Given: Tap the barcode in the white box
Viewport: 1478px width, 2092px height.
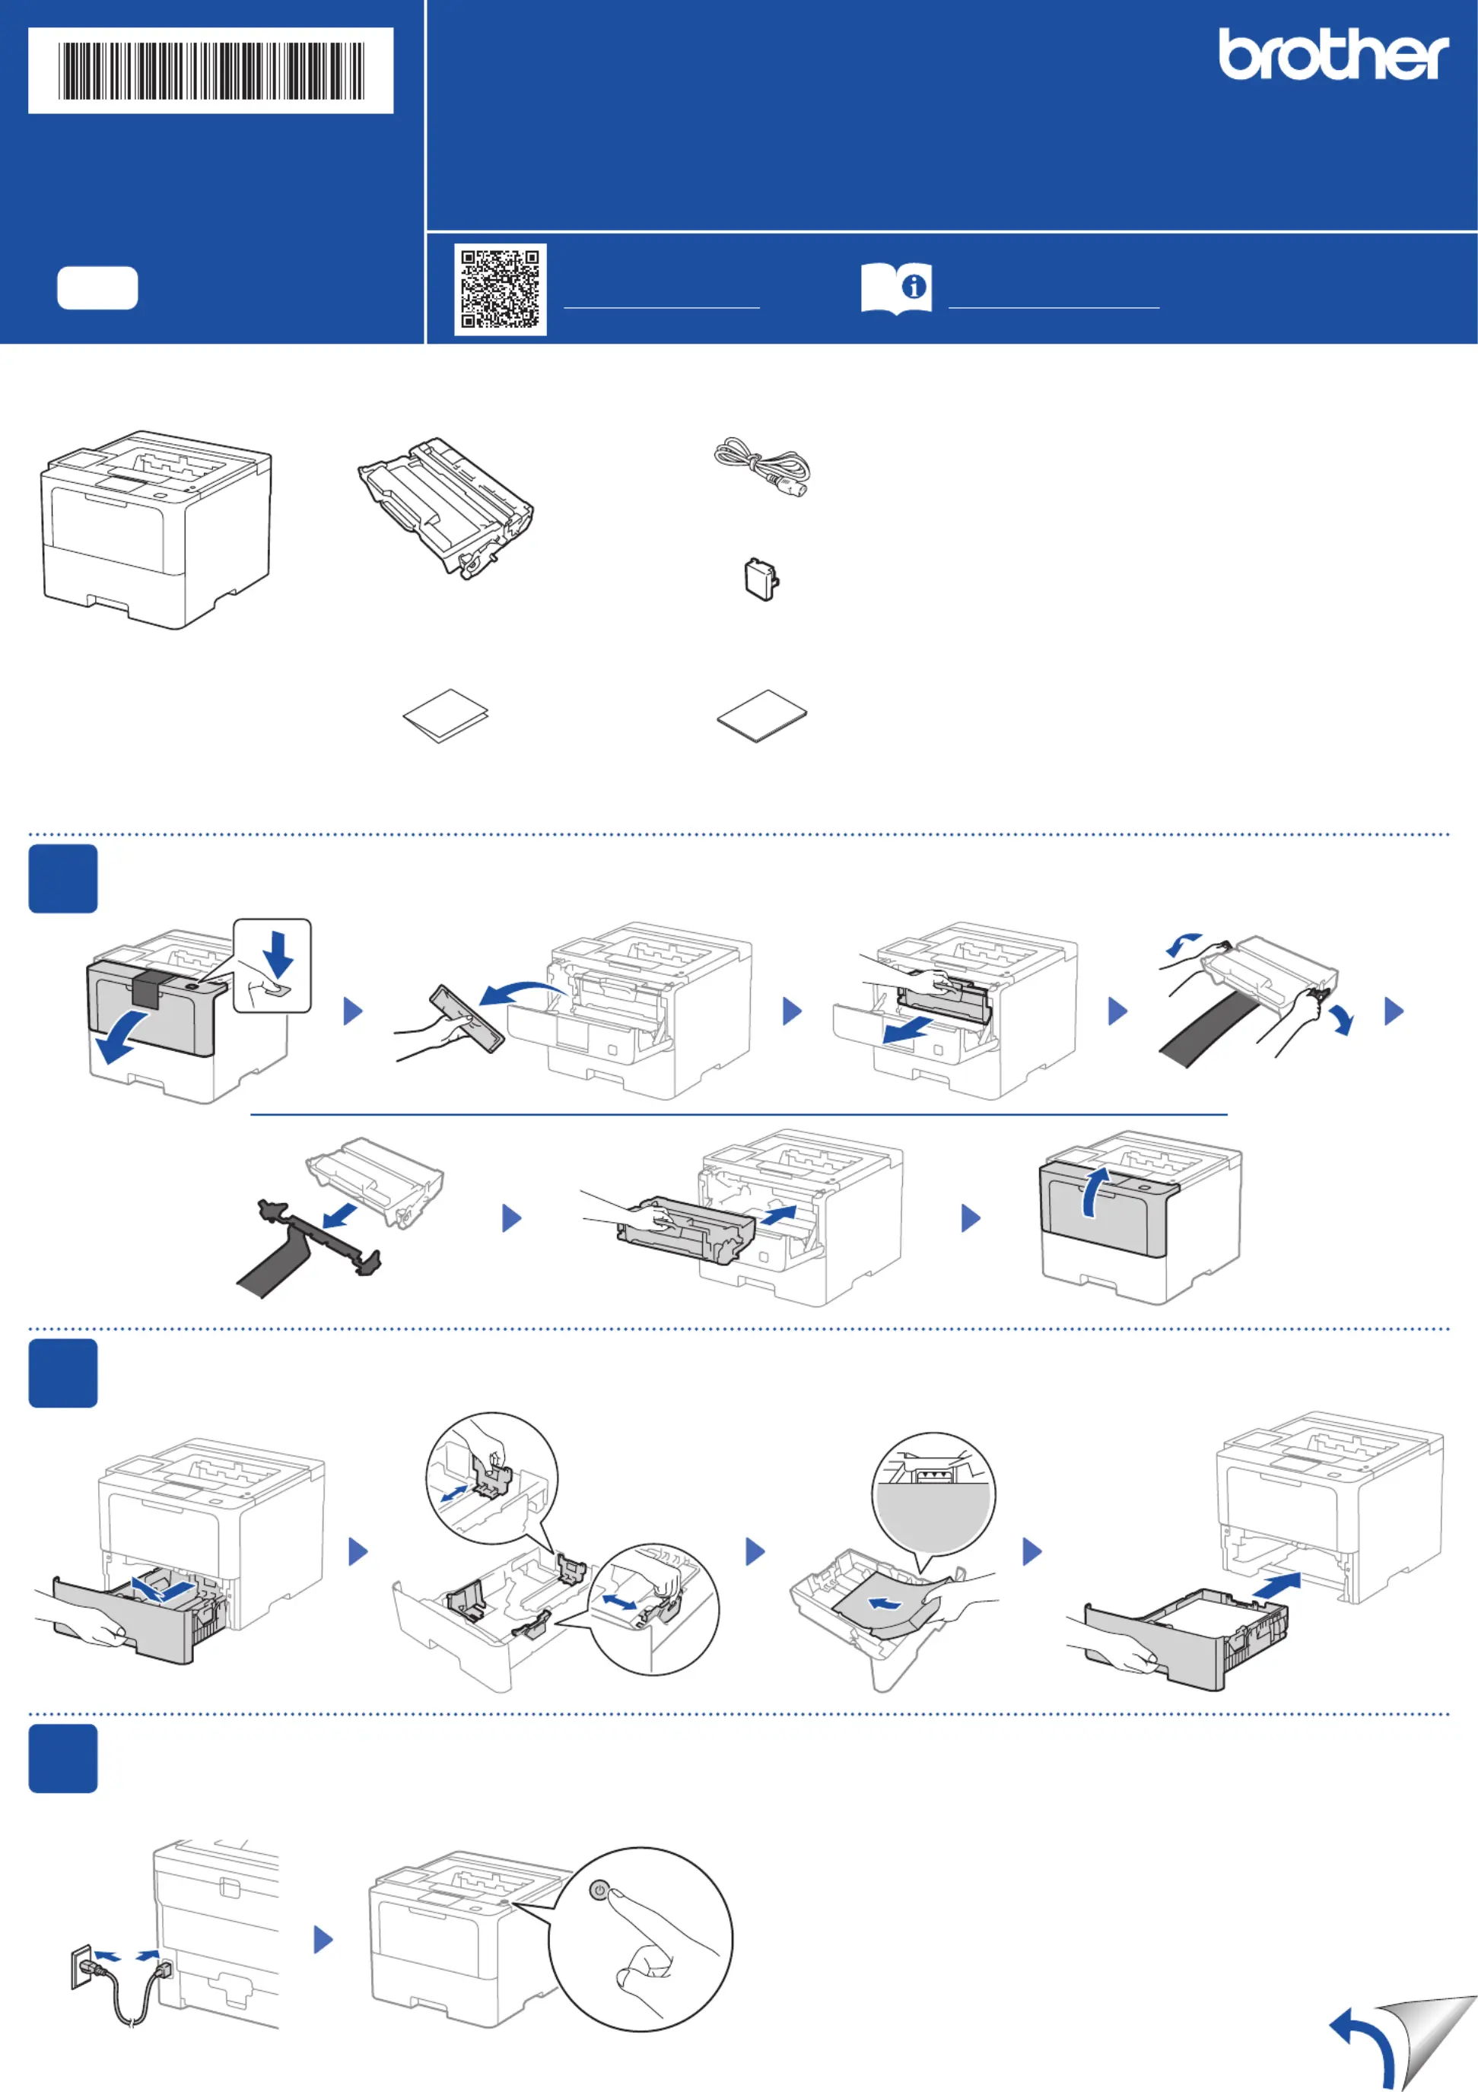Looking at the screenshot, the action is (x=211, y=71).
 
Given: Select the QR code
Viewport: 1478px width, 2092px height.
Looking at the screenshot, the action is (x=501, y=289).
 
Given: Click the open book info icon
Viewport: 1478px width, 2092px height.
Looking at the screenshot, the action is (x=896, y=289).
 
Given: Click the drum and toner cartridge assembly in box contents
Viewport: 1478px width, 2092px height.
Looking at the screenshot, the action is (x=447, y=506).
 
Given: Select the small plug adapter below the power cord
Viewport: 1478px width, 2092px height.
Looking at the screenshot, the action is (x=761, y=579).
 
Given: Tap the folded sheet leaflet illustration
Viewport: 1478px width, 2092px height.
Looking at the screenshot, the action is (x=446, y=716).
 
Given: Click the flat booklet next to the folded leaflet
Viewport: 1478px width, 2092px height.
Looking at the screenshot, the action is (x=761, y=716).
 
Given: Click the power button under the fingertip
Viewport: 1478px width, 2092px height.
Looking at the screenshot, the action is (x=599, y=1890).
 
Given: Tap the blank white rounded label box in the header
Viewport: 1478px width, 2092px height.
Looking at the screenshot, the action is (x=97, y=289).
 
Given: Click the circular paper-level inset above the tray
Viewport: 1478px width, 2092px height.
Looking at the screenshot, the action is (x=933, y=1494).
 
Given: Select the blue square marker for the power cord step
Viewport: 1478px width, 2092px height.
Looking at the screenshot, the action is (x=63, y=1758).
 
